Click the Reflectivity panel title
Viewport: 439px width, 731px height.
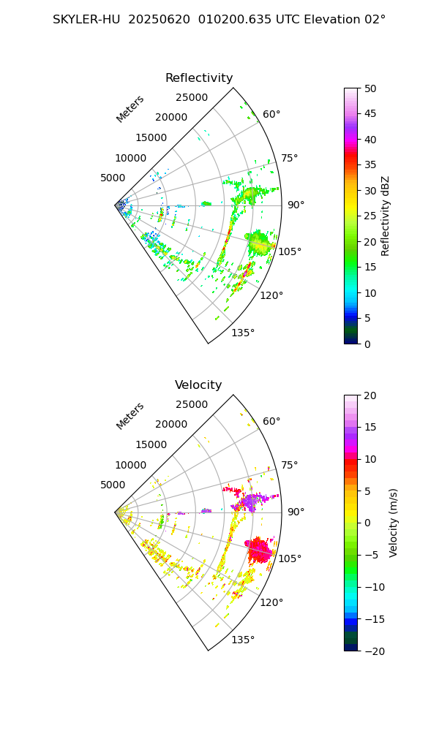199,78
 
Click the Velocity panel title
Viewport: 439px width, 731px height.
198,385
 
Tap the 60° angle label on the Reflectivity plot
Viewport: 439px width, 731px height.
271,114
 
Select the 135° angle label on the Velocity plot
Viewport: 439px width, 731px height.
243,640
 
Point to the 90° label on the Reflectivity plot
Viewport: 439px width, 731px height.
296,205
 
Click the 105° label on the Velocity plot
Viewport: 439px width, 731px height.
290,558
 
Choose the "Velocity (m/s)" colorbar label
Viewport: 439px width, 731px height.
394,523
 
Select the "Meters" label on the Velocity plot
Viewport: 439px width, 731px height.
130,416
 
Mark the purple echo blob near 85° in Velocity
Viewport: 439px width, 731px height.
252,501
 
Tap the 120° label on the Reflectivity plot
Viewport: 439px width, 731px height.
271,295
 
